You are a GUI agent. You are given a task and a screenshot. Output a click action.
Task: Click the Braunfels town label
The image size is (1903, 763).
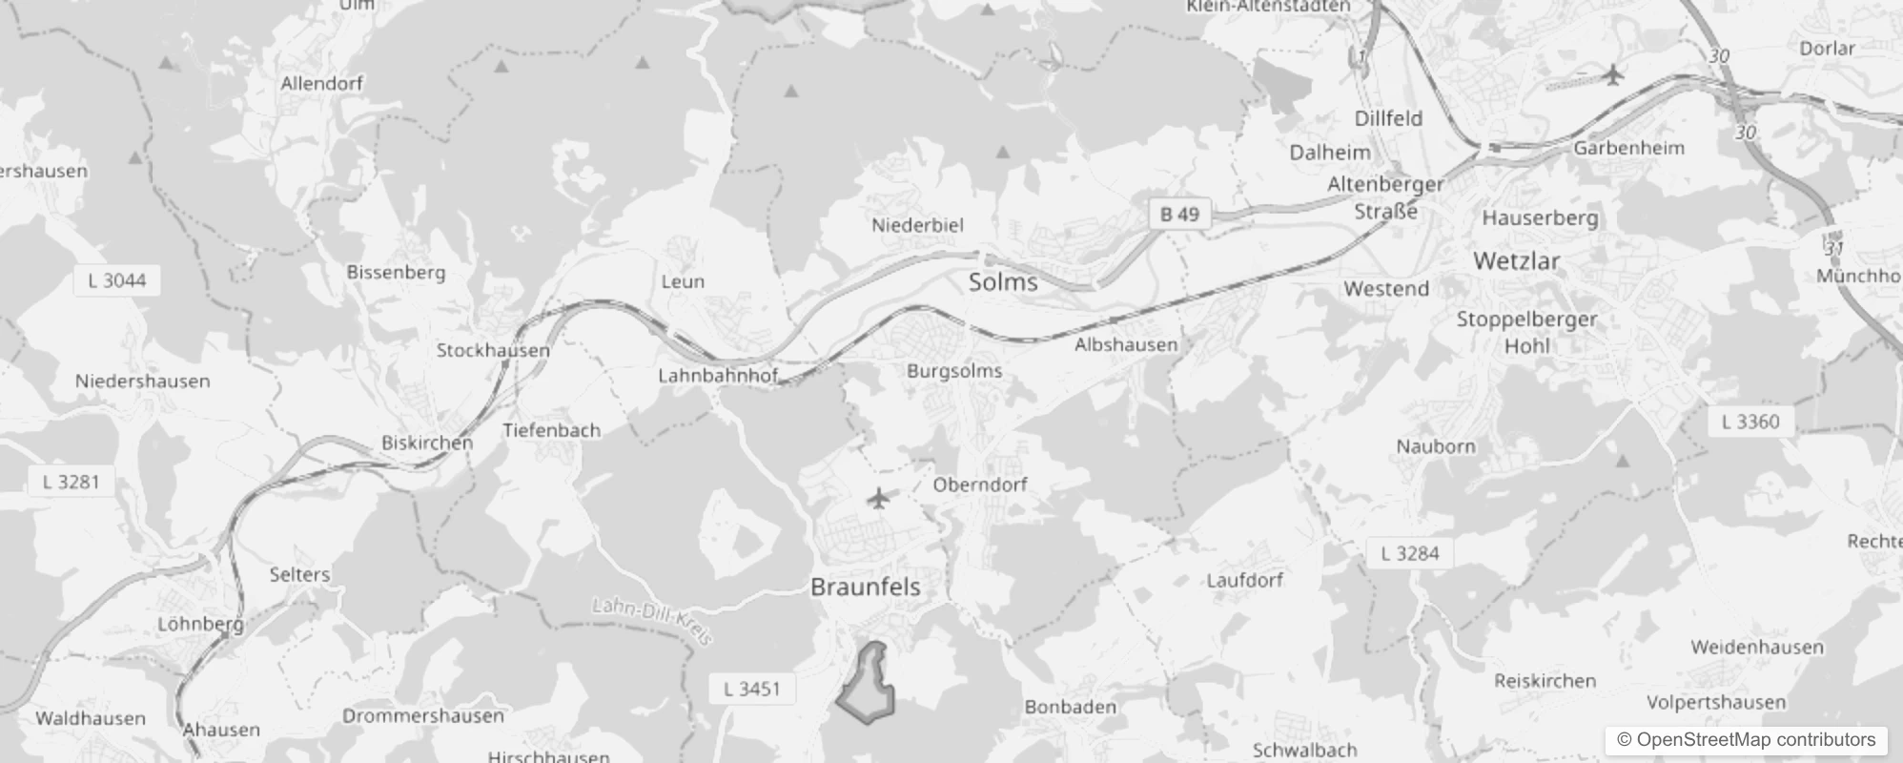click(865, 587)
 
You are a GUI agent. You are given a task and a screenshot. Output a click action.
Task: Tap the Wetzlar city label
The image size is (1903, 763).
click(1516, 260)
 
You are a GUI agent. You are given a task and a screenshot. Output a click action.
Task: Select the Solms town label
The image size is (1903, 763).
click(1003, 282)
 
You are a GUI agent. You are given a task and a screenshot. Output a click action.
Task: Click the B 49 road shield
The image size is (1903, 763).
click(1179, 215)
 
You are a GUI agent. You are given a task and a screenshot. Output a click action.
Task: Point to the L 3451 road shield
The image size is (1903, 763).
click(751, 689)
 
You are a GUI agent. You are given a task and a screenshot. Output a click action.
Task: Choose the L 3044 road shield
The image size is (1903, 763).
click(116, 280)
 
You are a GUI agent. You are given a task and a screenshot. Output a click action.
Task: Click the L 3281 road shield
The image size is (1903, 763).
click(71, 482)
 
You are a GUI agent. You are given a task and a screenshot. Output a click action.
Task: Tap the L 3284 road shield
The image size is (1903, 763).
click(1410, 553)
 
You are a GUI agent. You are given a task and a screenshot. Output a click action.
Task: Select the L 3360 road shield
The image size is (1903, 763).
click(1750, 422)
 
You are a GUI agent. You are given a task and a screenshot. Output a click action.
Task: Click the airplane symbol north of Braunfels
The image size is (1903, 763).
click(878, 498)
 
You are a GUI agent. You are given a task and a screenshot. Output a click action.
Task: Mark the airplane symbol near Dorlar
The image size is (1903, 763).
click(1612, 74)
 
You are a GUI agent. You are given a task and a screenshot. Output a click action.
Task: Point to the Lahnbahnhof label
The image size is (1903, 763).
click(718, 376)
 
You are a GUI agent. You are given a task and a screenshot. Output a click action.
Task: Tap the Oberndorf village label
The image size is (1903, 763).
click(980, 485)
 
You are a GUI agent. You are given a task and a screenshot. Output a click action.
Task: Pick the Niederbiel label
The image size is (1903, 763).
click(917, 225)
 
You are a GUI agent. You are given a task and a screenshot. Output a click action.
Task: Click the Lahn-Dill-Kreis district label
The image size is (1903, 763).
click(652, 621)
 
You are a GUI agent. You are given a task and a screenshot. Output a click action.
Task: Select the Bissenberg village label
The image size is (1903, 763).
click(396, 272)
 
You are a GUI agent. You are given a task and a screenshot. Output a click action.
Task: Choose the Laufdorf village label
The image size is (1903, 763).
click(1244, 580)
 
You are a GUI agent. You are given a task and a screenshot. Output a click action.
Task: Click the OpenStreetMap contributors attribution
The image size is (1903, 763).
click(1746, 740)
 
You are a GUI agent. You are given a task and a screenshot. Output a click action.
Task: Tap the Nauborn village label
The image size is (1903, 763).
click(1435, 446)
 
